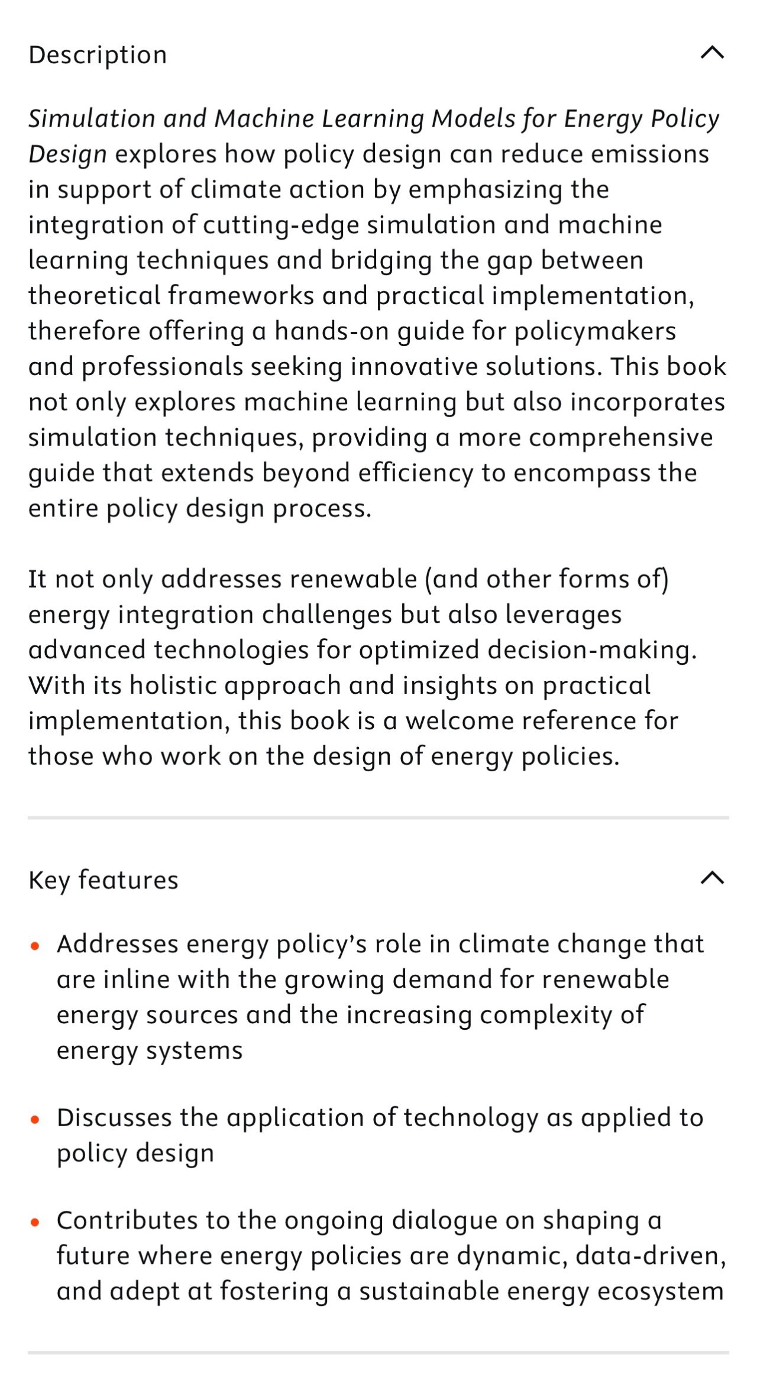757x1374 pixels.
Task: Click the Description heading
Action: [x=98, y=55]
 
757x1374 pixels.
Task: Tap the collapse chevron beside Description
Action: [x=712, y=53]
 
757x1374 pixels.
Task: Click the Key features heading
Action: [x=103, y=880]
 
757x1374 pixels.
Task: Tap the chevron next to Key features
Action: [x=712, y=878]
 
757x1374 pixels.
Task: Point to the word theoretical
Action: [x=94, y=295]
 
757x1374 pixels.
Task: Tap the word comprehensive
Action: [x=620, y=438]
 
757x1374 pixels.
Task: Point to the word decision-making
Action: [x=592, y=650]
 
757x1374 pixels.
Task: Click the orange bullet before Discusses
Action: [x=35, y=1119]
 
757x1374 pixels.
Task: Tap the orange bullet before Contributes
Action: [x=35, y=1221]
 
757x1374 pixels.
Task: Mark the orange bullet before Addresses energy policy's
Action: [x=35, y=946]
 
